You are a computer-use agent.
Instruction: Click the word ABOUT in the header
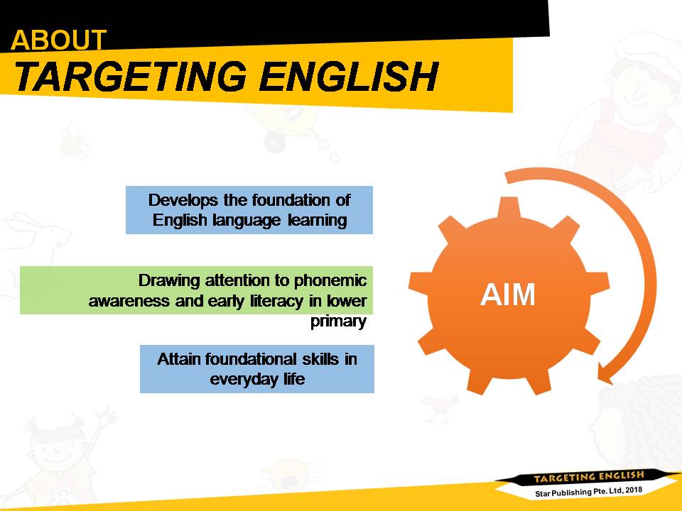point(58,40)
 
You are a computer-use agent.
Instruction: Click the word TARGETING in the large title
point(130,77)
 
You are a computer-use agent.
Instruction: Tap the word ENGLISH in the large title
point(349,77)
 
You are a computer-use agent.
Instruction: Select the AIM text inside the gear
point(507,295)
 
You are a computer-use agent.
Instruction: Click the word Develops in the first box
point(183,200)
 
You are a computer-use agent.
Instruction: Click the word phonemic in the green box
point(330,281)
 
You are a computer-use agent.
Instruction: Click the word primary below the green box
point(338,322)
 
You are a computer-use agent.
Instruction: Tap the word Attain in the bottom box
point(179,359)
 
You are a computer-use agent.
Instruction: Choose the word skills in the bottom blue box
point(320,359)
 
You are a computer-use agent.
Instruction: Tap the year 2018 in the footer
point(634,490)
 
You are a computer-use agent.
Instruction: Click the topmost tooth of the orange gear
point(509,208)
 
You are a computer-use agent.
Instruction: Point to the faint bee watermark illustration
point(74,141)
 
